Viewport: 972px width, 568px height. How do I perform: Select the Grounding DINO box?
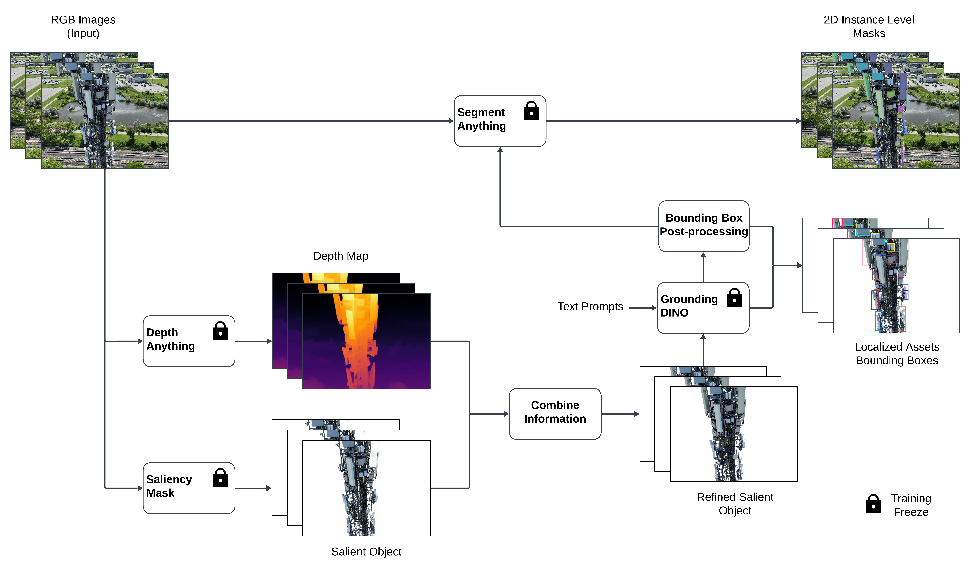[x=703, y=307]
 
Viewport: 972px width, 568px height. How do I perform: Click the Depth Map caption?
[x=341, y=256]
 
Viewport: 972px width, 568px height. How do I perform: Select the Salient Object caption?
[x=366, y=551]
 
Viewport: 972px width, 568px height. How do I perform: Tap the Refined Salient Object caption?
[x=735, y=504]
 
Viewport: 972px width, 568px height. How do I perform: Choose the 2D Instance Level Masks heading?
[x=869, y=26]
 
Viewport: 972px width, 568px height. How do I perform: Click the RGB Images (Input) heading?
[x=83, y=26]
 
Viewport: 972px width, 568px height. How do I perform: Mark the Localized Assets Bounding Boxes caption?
[x=897, y=354]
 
